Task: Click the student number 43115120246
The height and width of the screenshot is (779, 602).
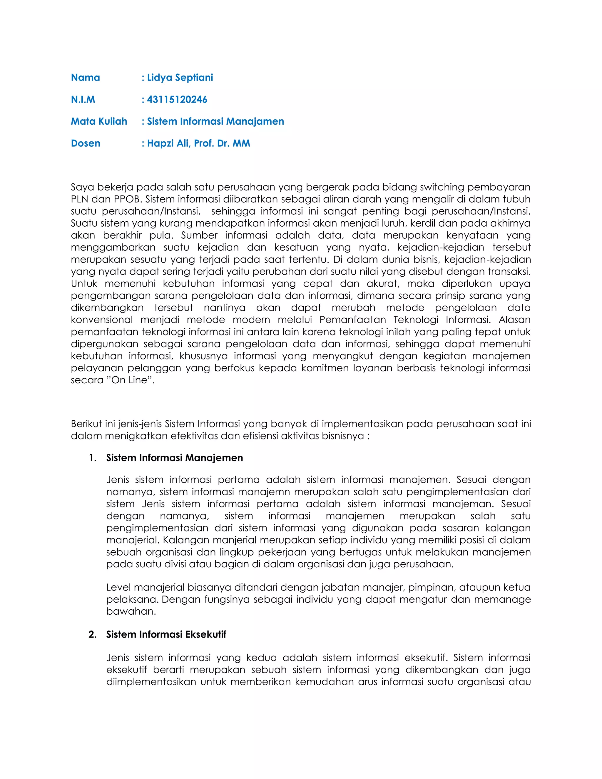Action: point(177,100)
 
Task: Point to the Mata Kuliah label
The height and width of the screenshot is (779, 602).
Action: point(99,121)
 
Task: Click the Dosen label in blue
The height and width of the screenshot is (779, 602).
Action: point(86,143)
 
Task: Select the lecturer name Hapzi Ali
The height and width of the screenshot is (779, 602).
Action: point(168,143)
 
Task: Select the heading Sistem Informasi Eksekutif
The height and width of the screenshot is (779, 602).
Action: point(166,634)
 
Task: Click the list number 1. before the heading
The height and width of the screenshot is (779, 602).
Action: point(93,458)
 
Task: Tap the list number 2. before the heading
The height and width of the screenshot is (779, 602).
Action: point(93,634)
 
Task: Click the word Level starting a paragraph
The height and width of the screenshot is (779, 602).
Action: point(119,587)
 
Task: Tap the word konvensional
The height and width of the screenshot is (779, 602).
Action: point(102,320)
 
